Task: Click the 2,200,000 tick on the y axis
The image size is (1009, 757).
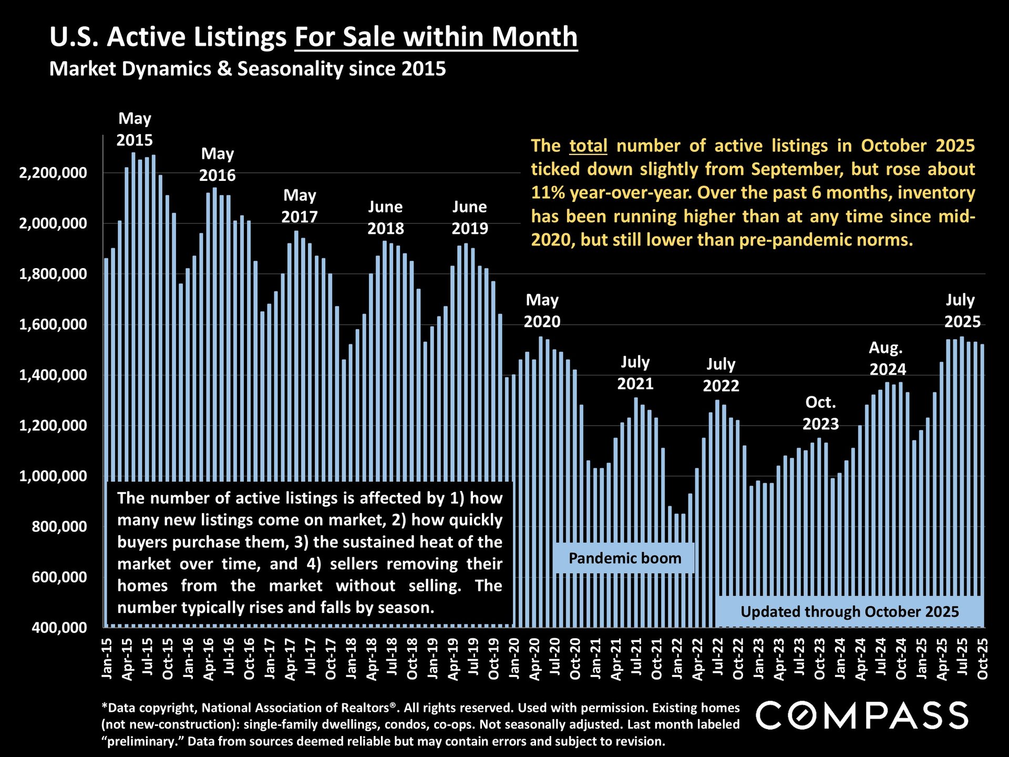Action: (53, 173)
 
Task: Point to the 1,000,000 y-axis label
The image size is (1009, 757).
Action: (53, 476)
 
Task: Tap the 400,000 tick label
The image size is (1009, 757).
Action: (59, 628)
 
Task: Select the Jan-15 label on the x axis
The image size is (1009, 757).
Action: (107, 658)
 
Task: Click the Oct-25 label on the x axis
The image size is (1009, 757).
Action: (982, 658)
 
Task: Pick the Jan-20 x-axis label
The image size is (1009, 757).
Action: (514, 658)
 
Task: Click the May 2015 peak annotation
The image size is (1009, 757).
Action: (135, 129)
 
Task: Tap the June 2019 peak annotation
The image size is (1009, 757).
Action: (469, 218)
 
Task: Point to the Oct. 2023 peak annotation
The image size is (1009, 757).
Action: (820, 413)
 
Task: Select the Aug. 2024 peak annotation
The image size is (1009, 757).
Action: (887, 359)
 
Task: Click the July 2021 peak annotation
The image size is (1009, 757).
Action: (635, 373)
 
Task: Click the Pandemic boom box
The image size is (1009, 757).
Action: (624, 558)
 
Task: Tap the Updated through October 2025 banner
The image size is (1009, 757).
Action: (849, 612)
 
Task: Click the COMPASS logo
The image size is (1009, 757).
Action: (862, 715)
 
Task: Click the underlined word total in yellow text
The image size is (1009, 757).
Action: (588, 146)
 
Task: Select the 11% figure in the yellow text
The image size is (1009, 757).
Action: (548, 193)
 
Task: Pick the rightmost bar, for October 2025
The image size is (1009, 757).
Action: (982, 484)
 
